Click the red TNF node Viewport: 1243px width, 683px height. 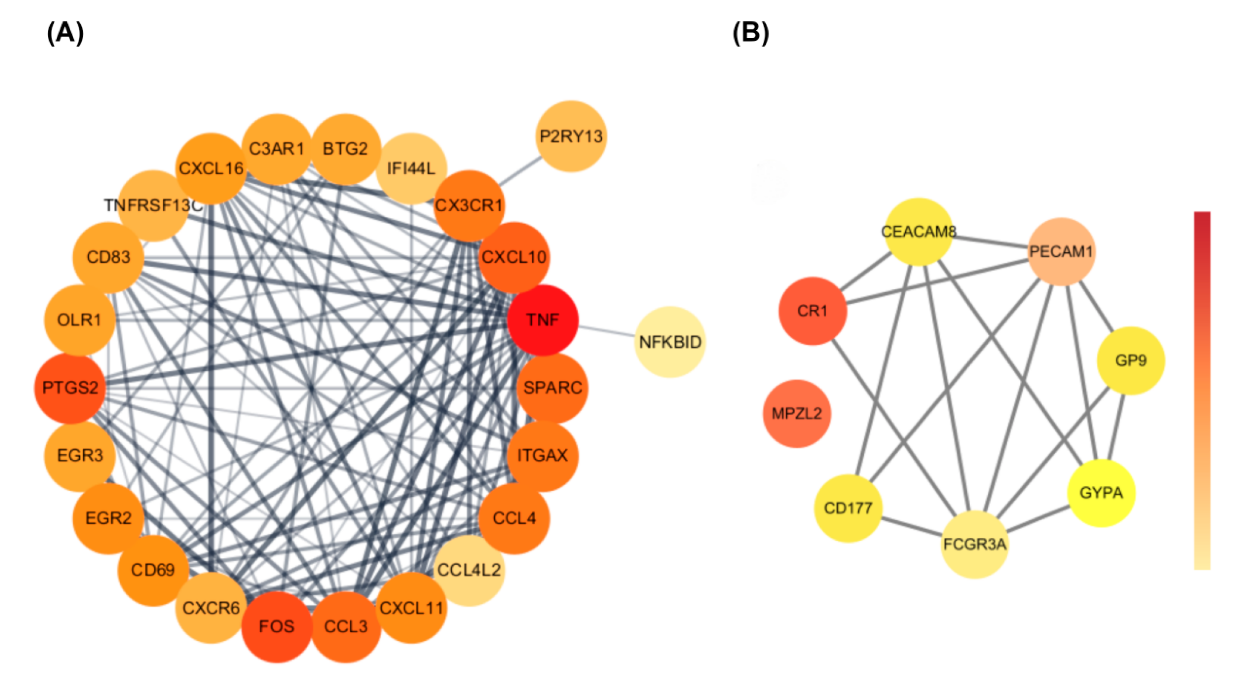[x=543, y=320]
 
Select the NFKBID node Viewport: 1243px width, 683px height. [x=670, y=342]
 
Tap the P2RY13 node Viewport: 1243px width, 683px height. [x=571, y=136]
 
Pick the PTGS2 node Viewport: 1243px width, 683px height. [x=70, y=388]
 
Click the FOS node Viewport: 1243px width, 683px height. [x=277, y=627]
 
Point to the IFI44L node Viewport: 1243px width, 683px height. [x=411, y=168]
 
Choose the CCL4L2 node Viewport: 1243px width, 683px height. [x=469, y=570]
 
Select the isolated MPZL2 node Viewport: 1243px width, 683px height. [x=797, y=413]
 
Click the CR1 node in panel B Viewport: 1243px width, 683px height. [x=813, y=311]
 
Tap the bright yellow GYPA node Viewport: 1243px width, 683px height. [x=1101, y=493]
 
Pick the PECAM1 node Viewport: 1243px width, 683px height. [x=1061, y=251]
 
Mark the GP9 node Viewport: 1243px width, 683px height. [x=1131, y=360]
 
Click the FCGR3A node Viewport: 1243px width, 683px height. [x=975, y=544]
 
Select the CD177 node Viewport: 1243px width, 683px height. [x=848, y=508]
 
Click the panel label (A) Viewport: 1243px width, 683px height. [x=65, y=33]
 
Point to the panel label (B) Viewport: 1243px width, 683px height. [x=750, y=33]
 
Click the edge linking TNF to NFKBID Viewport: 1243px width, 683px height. [x=607, y=331]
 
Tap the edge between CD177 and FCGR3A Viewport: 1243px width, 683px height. [x=911, y=526]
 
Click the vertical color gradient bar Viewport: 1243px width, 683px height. [x=1202, y=391]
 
